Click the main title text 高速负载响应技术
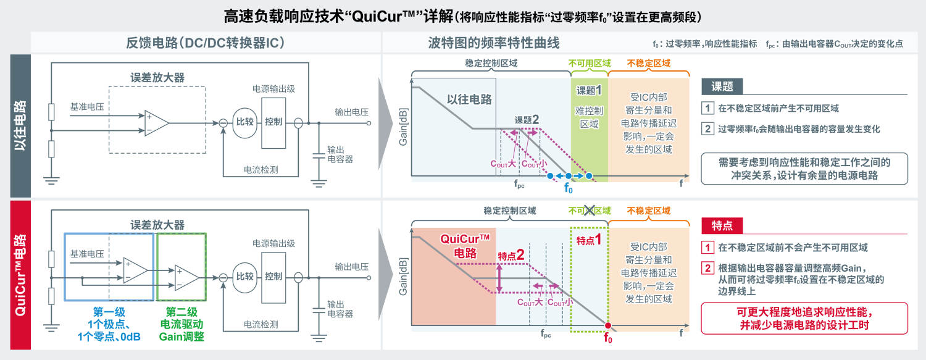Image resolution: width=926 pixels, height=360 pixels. tap(283, 15)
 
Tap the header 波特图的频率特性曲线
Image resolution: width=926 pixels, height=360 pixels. tap(493, 43)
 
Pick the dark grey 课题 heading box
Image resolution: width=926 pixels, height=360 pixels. tap(722, 86)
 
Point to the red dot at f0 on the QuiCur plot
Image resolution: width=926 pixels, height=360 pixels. tap(607, 325)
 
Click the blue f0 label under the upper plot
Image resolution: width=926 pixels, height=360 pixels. tap(569, 188)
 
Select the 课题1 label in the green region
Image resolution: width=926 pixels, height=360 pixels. tap(589, 91)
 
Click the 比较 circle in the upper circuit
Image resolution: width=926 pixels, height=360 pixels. tap(244, 122)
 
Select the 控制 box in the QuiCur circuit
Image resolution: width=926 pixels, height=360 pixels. tap(273, 276)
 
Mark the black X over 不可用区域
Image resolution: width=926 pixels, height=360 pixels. tap(589, 211)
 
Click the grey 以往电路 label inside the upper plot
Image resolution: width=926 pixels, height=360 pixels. tap(469, 99)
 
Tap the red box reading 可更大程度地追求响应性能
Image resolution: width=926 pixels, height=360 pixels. tap(804, 318)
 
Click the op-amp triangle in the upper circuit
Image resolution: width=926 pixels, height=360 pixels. tap(156, 122)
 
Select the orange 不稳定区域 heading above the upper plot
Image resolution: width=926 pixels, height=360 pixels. tap(648, 63)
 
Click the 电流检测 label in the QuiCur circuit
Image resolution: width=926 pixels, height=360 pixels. tap(261, 324)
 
